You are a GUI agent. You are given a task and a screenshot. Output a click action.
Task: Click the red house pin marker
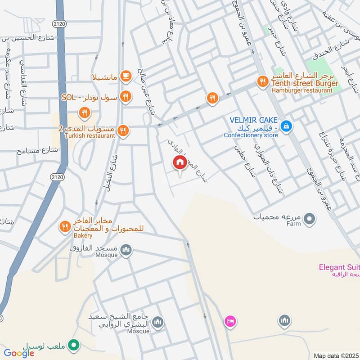pos(180,162)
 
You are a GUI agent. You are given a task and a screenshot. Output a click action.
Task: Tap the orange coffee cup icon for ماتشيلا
pos(126,76)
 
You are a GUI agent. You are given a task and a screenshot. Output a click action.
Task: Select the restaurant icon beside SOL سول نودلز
pos(126,96)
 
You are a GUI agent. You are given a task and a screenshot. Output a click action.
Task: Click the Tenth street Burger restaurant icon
pos(262,81)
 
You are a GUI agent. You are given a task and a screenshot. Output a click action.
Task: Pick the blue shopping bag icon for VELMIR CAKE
pos(286,127)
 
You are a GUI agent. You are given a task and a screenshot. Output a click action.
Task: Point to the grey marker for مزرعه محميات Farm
pos(309,220)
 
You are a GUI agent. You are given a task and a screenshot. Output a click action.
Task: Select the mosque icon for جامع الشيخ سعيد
pos(157,322)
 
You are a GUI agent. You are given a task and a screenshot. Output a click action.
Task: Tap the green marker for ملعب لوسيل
pos(73,346)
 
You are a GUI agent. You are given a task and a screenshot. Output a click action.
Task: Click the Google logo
pos(19,353)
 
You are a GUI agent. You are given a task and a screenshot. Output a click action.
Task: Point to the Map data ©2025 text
pos(335,355)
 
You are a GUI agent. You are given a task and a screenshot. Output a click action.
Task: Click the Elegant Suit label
pos(339,267)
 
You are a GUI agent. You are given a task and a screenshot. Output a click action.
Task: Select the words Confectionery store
pos(251,135)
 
